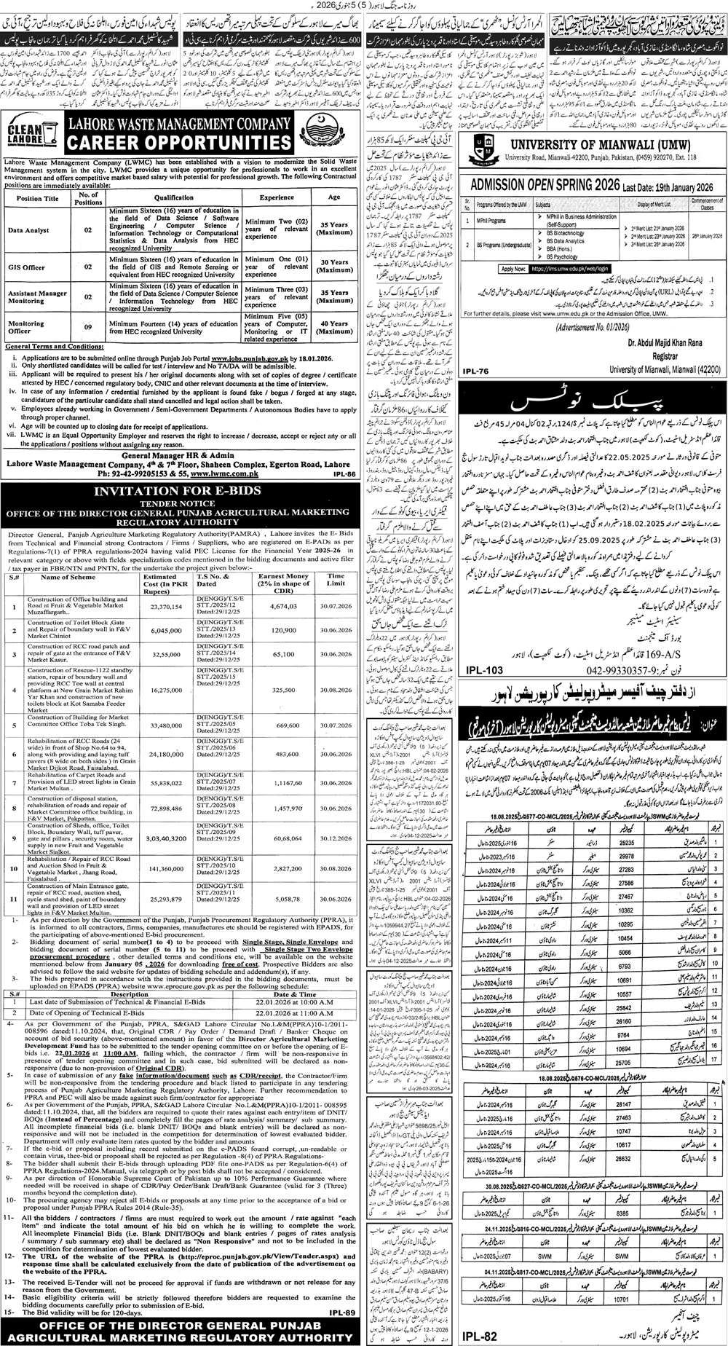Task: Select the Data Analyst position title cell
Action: click(x=29, y=230)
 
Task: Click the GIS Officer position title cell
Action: click(x=26, y=267)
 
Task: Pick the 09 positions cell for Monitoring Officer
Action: click(x=88, y=328)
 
